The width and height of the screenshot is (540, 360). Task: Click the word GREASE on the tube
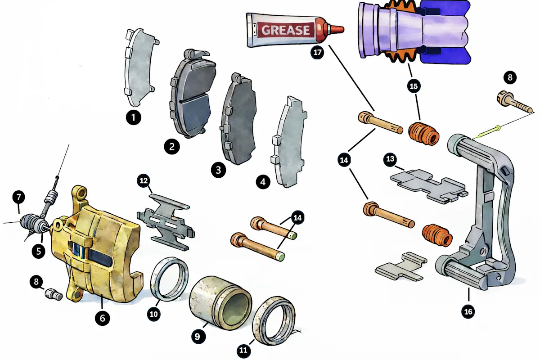click(x=285, y=30)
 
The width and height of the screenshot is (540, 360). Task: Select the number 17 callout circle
click(x=317, y=52)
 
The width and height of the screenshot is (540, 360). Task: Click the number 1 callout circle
click(x=134, y=117)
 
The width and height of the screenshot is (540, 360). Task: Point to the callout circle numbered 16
click(x=468, y=311)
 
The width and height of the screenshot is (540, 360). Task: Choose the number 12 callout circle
click(x=144, y=180)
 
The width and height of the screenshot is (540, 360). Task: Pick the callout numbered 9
click(x=198, y=336)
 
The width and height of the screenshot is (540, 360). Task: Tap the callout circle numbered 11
click(x=243, y=350)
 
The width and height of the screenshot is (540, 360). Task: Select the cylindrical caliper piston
click(x=220, y=303)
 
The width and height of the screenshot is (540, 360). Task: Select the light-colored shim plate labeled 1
click(x=140, y=67)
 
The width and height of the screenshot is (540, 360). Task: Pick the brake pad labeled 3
click(x=238, y=119)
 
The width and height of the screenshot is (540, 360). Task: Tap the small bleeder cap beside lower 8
click(x=54, y=294)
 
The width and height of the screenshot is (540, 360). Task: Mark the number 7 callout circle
click(x=19, y=197)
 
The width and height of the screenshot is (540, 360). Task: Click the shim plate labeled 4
click(x=289, y=142)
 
